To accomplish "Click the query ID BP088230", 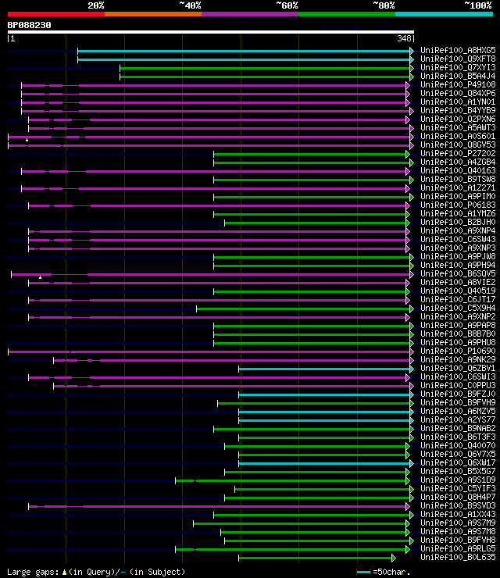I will point(30,25).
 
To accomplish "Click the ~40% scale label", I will point(190,5).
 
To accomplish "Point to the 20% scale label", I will point(96,5).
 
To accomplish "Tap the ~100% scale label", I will point(478,5).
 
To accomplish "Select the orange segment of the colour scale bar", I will point(152,14).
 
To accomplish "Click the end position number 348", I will point(405,38).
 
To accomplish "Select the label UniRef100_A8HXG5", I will point(458,51).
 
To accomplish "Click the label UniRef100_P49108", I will point(458,84).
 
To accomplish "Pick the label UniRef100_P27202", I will point(458,154).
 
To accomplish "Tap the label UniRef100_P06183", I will point(458,205).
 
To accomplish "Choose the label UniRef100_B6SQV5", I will point(458,274).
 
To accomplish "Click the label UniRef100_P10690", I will point(458,351).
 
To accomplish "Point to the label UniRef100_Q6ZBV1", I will point(458,369).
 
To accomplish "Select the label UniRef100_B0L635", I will point(458,558).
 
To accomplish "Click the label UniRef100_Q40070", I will point(458,446).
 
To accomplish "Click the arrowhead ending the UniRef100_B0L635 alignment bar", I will point(393,558).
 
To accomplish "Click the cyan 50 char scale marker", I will point(363,573).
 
